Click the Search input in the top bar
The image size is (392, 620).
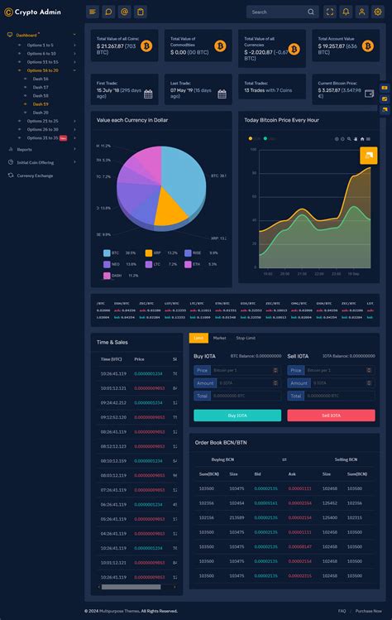point(277,12)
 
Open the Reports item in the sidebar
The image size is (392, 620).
point(24,149)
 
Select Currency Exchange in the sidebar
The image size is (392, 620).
point(35,175)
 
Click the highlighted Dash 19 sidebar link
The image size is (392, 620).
point(41,103)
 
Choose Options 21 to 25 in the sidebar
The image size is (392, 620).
point(42,121)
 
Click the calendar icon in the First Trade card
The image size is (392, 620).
point(149,94)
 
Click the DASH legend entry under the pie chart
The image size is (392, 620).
point(115,275)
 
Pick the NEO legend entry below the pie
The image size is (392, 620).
point(115,264)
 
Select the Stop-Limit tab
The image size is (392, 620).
point(246,338)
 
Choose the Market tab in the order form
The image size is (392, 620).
point(219,338)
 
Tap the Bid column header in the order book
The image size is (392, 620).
point(257,473)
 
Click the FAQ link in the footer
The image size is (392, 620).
point(342,610)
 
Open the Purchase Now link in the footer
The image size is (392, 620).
point(369,610)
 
